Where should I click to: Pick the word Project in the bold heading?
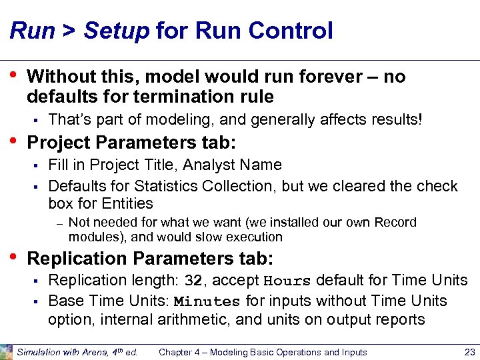tap(59, 143)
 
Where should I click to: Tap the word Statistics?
tap(171, 186)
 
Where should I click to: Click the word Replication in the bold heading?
tap(74, 258)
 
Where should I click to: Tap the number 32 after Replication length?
tap(193, 280)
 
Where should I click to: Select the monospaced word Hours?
tap(288, 280)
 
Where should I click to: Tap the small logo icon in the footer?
tap(7, 351)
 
